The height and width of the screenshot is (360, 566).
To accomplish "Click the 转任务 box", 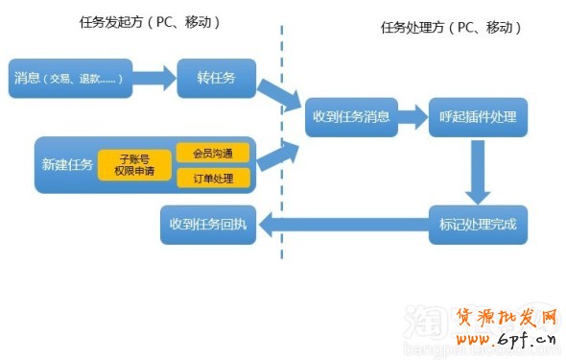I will (x=215, y=77).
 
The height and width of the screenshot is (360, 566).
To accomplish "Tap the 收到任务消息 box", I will (x=351, y=116).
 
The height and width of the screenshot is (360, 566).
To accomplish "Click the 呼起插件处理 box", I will (x=477, y=116).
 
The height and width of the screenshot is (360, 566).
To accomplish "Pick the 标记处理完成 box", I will (x=477, y=226).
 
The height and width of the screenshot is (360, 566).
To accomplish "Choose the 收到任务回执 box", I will (x=207, y=226).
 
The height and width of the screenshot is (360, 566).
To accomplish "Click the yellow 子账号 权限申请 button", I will (x=134, y=165).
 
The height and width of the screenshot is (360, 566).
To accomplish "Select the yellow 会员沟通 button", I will (x=213, y=152).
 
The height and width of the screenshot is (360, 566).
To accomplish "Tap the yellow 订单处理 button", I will (x=213, y=178).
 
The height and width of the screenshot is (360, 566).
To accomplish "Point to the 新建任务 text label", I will (x=67, y=165).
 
